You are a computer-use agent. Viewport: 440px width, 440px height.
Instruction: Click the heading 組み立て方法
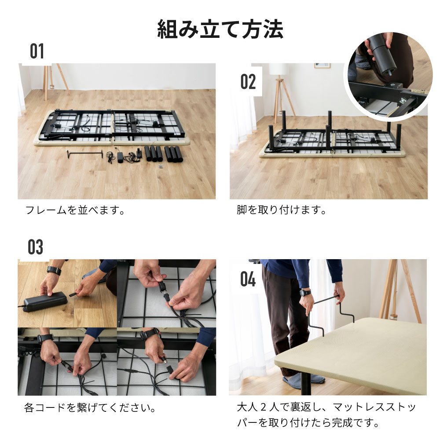pyautogui.click(x=220, y=30)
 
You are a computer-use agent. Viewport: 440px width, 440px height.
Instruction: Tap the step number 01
pyautogui.click(x=37, y=52)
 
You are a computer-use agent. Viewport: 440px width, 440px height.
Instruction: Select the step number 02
pyautogui.click(x=248, y=82)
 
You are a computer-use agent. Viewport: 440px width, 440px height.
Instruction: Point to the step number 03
pyautogui.click(x=35, y=247)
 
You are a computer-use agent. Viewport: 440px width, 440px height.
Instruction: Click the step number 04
pyautogui.click(x=248, y=279)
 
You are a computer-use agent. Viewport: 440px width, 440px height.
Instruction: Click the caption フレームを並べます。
pyautogui.click(x=75, y=210)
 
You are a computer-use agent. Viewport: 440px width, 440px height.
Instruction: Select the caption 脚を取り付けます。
pyautogui.click(x=282, y=210)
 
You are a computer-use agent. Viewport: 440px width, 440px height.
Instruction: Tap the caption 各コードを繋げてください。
pyautogui.click(x=90, y=408)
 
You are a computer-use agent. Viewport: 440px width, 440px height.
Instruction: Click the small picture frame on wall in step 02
pyautogui.click(x=322, y=66)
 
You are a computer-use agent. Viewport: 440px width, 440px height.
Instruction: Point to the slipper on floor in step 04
pyautogui.click(x=293, y=381)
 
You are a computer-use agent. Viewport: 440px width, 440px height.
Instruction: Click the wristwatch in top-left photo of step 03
pyautogui.click(x=54, y=270)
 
